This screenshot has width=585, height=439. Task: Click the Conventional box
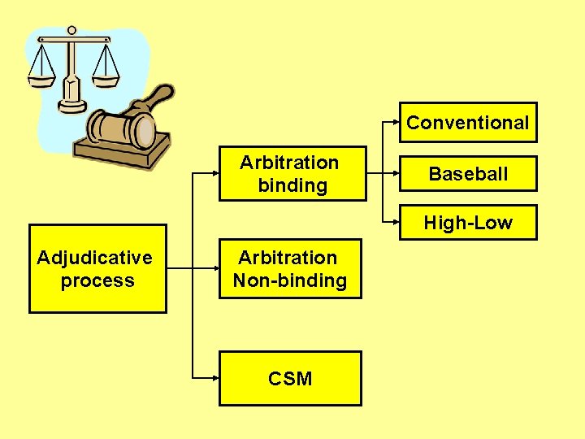tap(467, 123)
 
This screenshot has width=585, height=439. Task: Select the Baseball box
tap(467, 173)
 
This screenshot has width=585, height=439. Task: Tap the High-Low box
tap(467, 223)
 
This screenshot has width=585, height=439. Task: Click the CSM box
tap(290, 378)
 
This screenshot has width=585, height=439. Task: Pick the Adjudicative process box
tap(97, 269)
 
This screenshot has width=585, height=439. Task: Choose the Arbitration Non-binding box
tap(290, 269)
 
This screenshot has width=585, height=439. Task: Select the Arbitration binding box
tap(290, 173)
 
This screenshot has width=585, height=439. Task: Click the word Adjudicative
tap(95, 258)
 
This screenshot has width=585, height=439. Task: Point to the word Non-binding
tap(290, 281)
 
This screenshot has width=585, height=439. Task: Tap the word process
tap(97, 281)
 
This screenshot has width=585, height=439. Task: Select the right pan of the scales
tap(105, 79)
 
